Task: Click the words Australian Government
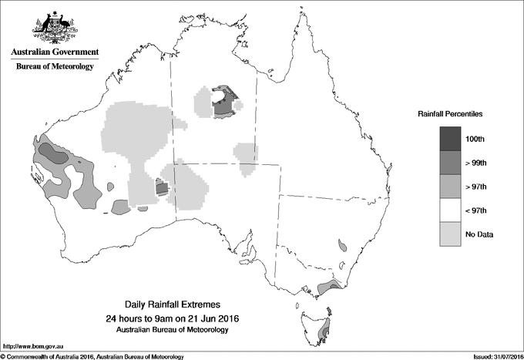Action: point(54,52)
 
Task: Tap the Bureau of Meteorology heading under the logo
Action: point(54,67)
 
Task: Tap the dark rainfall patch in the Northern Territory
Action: point(223,103)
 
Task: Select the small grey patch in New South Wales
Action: point(341,246)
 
